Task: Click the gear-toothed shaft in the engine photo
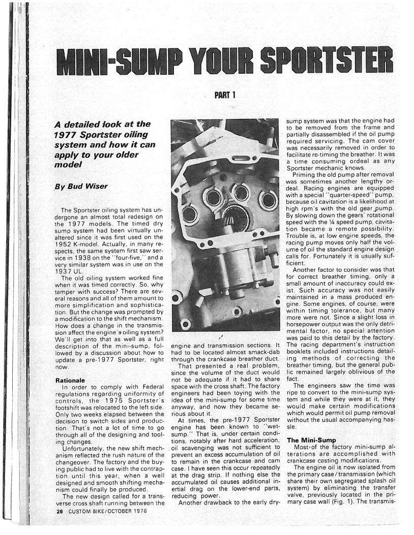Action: [234, 219]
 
